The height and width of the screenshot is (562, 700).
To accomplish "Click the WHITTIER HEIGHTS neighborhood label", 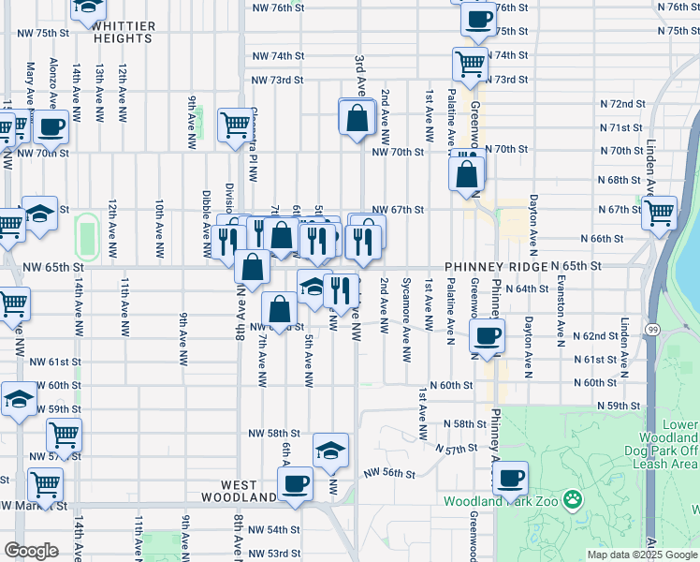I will click(124, 33).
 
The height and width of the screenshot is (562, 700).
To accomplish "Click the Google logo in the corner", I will click(31, 551).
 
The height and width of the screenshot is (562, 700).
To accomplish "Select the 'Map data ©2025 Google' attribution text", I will click(642, 555).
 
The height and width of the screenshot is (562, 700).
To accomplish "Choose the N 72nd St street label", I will click(622, 103).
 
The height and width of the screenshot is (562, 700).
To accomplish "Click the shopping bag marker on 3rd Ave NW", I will click(357, 118).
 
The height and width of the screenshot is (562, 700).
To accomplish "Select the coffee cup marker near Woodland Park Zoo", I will click(510, 480).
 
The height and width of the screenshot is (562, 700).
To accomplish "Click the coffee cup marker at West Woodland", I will click(296, 484).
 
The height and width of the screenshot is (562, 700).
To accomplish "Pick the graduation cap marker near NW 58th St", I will click(329, 451).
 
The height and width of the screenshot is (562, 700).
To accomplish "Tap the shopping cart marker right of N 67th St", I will click(660, 213).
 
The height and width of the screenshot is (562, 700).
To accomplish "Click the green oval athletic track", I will click(86, 235).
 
